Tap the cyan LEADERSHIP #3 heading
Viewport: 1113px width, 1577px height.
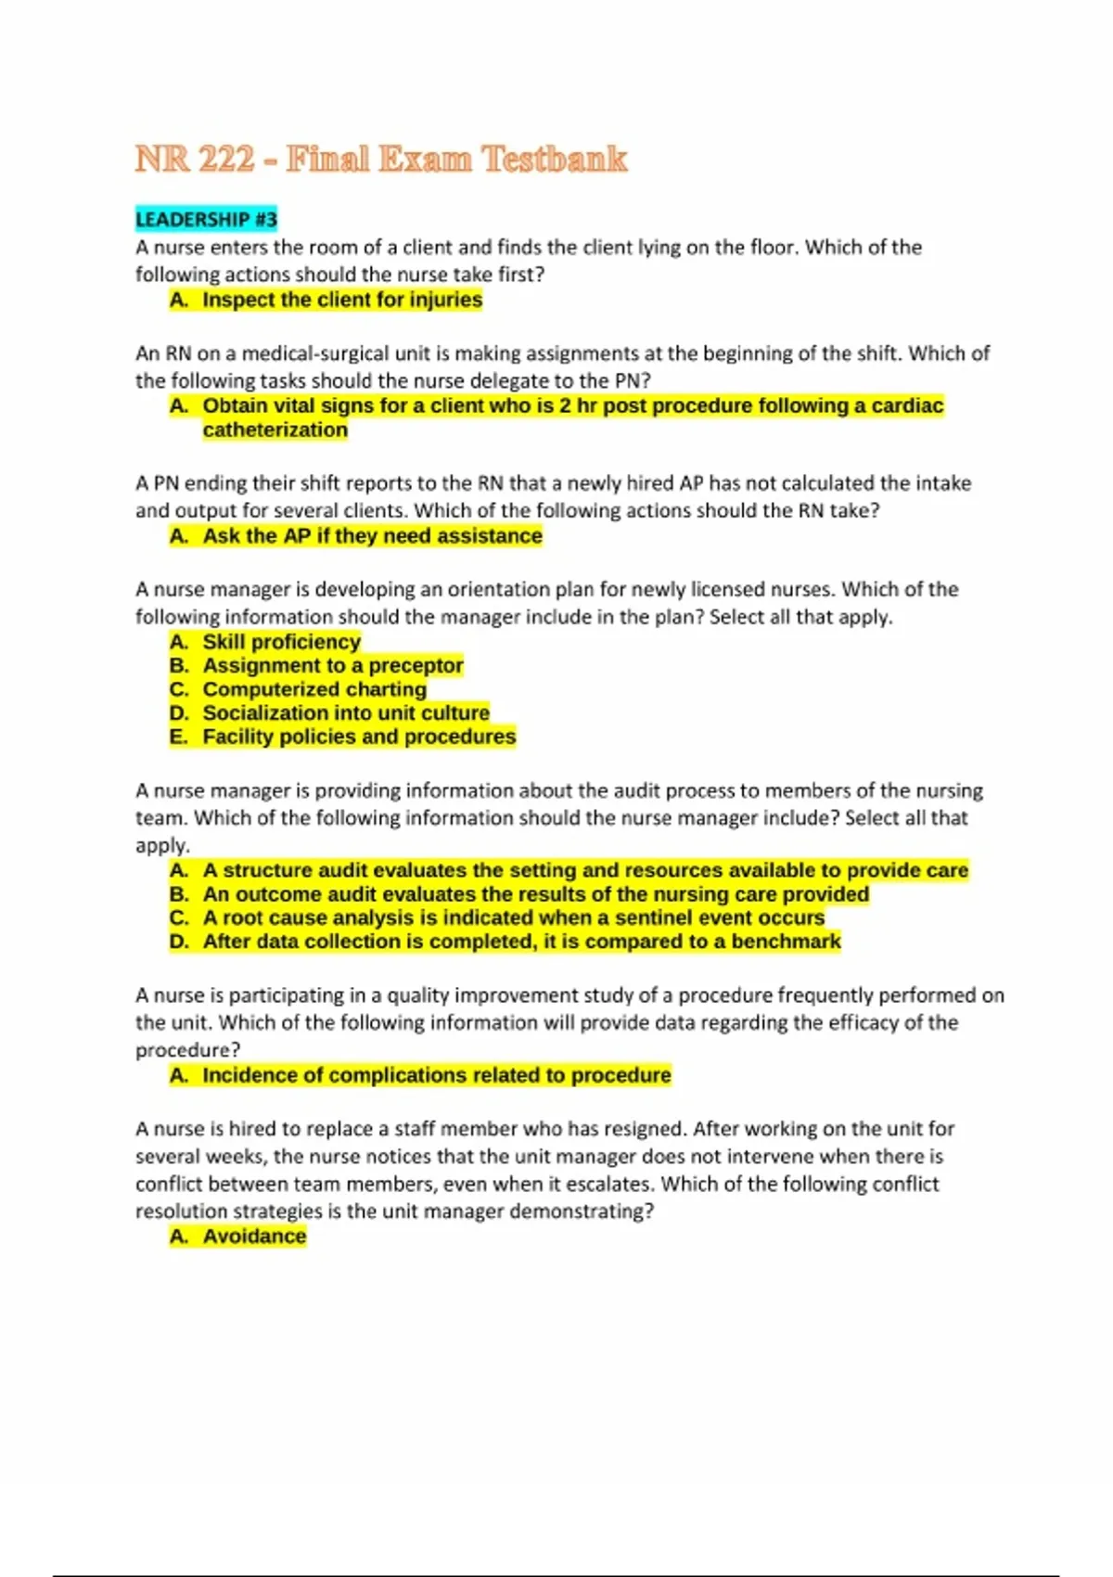pyautogui.click(x=206, y=220)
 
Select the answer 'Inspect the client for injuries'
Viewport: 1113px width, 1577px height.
pyautogui.click(x=342, y=300)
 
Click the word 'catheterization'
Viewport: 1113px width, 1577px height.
pyautogui.click(x=275, y=430)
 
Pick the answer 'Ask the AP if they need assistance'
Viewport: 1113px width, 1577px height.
pyautogui.click(x=372, y=535)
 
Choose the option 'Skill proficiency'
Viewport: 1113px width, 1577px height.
pyautogui.click(x=281, y=642)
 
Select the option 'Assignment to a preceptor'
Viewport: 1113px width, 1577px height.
pyautogui.click(x=333, y=665)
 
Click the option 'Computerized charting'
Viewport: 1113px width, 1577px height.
pyautogui.click(x=314, y=689)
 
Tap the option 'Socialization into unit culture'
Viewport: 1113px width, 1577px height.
pyautogui.click(x=346, y=712)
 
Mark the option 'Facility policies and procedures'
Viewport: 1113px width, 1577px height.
pyautogui.click(x=359, y=737)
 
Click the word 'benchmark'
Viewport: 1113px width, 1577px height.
pyautogui.click(x=786, y=942)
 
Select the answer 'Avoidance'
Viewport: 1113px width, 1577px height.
pyautogui.click(x=254, y=1237)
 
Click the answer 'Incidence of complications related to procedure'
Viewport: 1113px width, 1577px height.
pyautogui.click(x=437, y=1075)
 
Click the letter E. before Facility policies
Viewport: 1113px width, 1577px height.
pyautogui.click(x=179, y=737)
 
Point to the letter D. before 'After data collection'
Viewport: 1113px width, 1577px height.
pyautogui.click(x=179, y=942)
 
